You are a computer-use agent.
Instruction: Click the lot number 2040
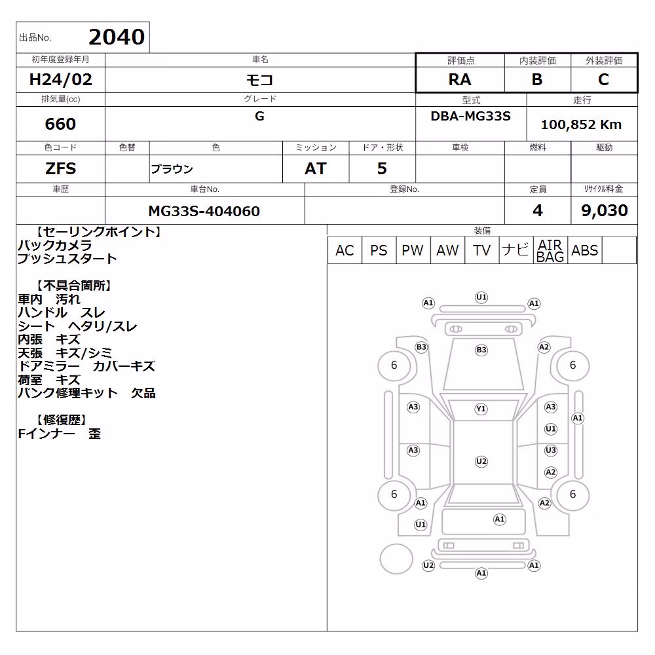click(x=117, y=37)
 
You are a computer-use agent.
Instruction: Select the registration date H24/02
click(x=60, y=79)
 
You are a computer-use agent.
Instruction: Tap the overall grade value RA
click(x=460, y=79)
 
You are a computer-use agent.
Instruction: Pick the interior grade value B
click(x=537, y=79)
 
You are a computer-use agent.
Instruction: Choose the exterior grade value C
click(x=603, y=79)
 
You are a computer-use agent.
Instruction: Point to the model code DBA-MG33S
click(x=470, y=116)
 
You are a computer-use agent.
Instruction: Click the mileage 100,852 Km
click(x=581, y=124)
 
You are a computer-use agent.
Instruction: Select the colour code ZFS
click(x=60, y=168)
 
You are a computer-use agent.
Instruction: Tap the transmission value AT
click(x=316, y=168)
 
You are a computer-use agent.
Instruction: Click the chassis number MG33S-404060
click(x=204, y=211)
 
